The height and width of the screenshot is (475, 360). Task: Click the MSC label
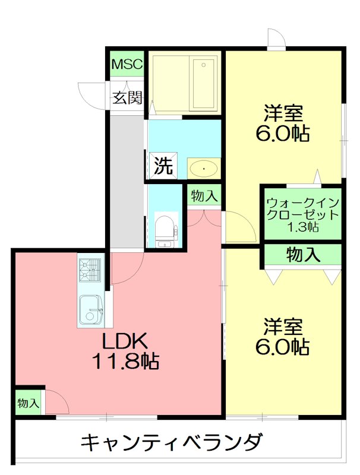coord(127,64)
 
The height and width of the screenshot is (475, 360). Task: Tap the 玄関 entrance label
coord(128,97)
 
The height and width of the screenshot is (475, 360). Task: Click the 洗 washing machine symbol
coord(163,166)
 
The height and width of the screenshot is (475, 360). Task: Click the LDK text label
coord(125,341)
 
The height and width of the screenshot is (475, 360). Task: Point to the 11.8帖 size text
coord(125,361)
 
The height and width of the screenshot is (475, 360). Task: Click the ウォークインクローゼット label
coord(303,208)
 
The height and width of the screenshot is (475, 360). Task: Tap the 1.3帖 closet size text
coord(303,227)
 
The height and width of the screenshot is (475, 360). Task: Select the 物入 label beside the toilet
coord(204,197)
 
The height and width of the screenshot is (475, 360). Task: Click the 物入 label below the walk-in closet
coord(303,255)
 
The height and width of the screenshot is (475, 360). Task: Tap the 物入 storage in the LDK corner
coord(28,403)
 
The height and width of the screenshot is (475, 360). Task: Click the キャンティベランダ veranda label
coord(172,442)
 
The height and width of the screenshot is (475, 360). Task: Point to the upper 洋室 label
coord(283,113)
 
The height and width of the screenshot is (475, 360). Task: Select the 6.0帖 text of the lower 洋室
coord(282,347)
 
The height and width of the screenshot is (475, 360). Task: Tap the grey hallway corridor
coord(127,181)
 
